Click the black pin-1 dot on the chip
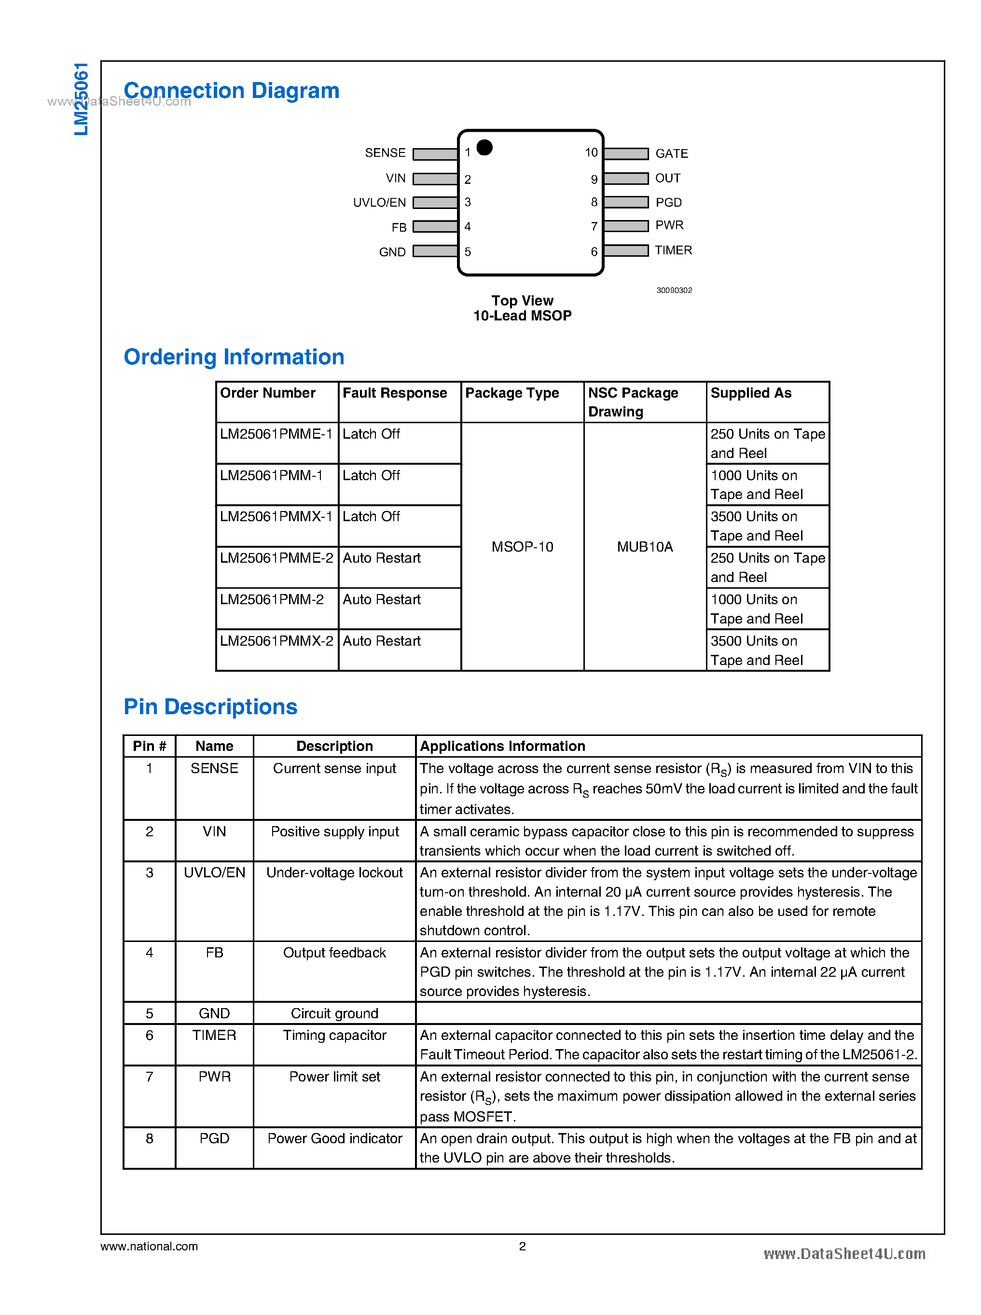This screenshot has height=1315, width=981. pos(484,147)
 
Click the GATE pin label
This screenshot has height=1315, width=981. pos(671,154)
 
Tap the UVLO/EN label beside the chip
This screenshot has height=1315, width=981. pos(379,203)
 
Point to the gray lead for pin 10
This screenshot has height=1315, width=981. pos(626,154)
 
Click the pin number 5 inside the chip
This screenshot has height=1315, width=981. pos(468,252)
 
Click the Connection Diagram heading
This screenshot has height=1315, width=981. pos(232,91)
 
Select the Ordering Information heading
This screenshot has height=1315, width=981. pos(234,357)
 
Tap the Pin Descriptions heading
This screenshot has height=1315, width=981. pos(210,707)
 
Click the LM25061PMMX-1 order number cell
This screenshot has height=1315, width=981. pos(276,517)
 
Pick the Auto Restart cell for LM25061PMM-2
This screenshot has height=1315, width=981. pos(381,600)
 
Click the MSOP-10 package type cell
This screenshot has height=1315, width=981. pos(522,546)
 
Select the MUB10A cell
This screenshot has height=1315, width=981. pos(645,546)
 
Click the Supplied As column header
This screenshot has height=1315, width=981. pos(751,393)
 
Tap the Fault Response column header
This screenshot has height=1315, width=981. pos(394,393)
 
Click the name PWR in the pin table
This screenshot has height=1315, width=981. pos(214,1077)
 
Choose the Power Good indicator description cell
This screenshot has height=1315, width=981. pos(334,1138)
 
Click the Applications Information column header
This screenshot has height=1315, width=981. pos(502,746)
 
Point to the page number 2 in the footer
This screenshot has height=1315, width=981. pos(522,1246)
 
